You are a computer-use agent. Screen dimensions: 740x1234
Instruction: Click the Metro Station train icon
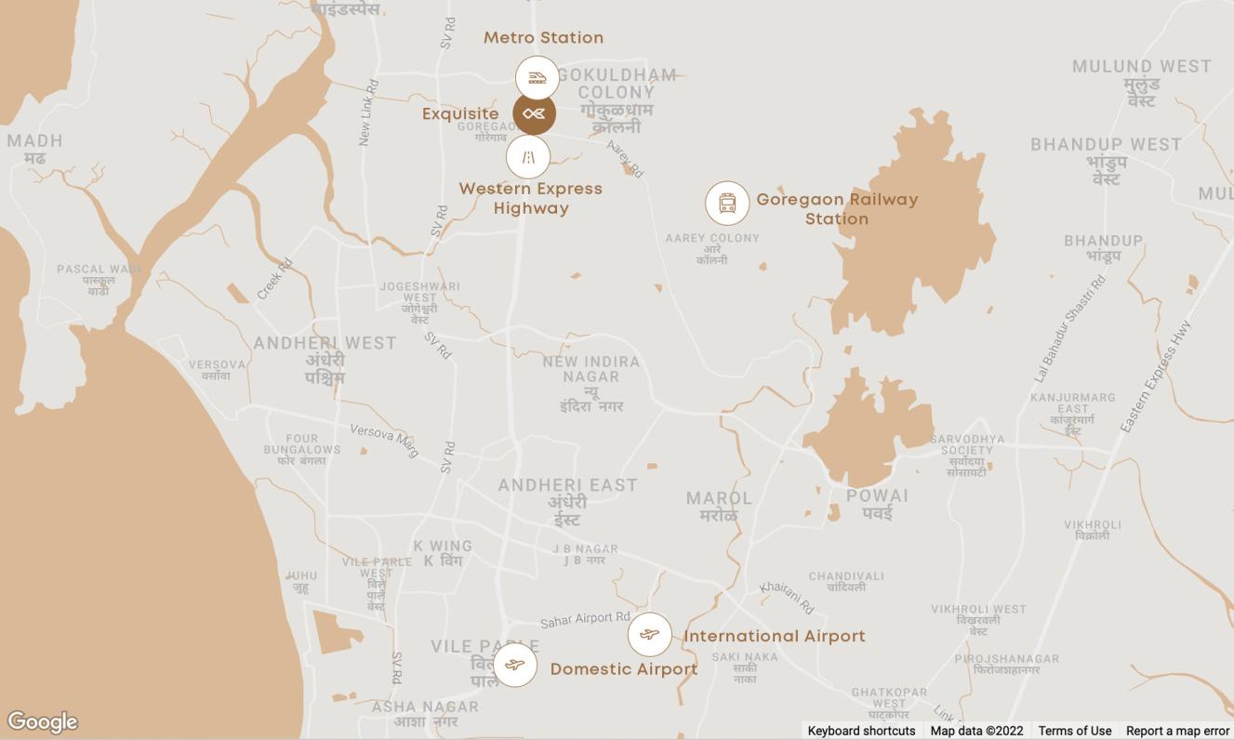[x=537, y=77]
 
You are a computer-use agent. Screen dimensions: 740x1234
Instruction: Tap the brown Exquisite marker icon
[x=535, y=114]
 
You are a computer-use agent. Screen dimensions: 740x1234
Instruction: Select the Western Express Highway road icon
[x=528, y=156]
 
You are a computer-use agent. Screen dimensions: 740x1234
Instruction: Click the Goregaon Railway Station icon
[x=727, y=203]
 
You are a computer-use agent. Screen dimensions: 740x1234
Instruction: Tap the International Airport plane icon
[x=650, y=635]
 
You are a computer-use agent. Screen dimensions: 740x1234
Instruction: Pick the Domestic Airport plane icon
[x=515, y=665]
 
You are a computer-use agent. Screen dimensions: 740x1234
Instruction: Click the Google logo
[x=42, y=722]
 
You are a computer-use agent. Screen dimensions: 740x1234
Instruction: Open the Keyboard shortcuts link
[x=861, y=731]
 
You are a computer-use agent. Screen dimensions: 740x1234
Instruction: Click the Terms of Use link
[x=1074, y=731]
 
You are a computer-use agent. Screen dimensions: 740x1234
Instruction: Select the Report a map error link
[x=1177, y=731]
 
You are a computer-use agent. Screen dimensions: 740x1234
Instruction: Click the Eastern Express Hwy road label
[x=1155, y=377]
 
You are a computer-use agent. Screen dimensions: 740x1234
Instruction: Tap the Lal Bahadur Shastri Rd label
[x=1070, y=328]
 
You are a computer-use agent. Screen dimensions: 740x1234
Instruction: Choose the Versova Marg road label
[x=384, y=434]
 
